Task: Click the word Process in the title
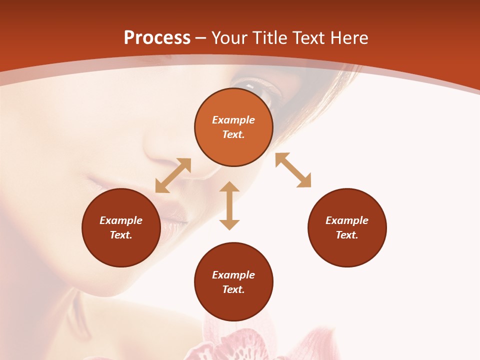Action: (157, 38)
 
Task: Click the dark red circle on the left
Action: (121, 227)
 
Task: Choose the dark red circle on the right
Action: (347, 227)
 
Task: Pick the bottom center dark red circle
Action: (233, 281)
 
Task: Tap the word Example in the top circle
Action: (233, 120)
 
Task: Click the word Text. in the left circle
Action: (121, 235)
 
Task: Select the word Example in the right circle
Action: (347, 220)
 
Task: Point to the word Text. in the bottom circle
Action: (233, 289)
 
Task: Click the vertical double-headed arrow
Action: (229, 205)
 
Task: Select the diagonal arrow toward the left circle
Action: (173, 175)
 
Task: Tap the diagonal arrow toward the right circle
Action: (293, 170)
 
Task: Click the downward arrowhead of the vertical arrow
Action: (229, 223)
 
